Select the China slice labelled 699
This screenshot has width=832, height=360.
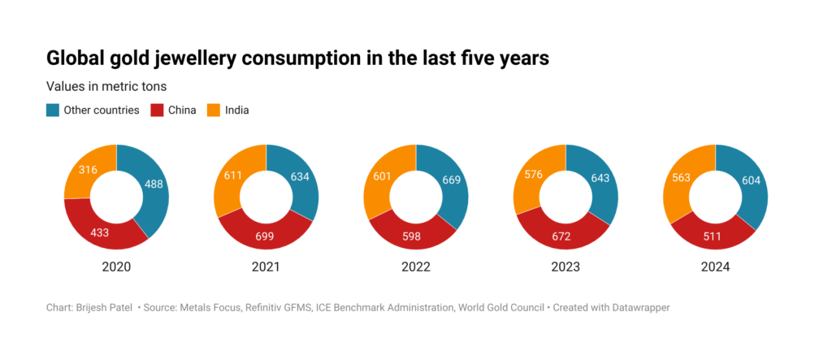click(x=266, y=236)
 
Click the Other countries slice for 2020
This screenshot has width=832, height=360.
click(x=151, y=184)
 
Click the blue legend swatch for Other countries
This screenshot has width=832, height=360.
click(x=52, y=110)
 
